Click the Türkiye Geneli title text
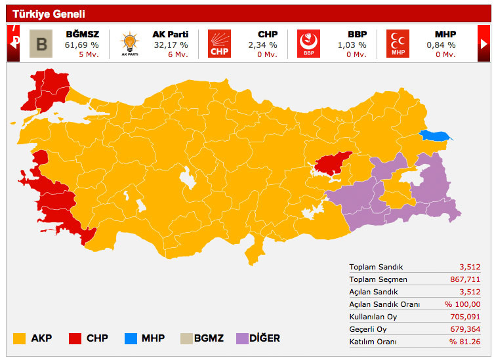click(x=49, y=14)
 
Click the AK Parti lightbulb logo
click(x=129, y=44)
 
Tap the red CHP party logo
click(x=219, y=44)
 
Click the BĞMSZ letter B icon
click(x=41, y=44)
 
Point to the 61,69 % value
click(x=82, y=45)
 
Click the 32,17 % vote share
click(x=171, y=45)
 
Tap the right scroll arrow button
click(x=484, y=43)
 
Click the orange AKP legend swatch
click(x=20, y=338)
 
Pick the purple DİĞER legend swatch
click(x=241, y=338)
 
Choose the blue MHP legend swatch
click(x=131, y=338)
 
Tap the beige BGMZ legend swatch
click(x=186, y=338)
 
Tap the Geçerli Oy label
click(x=368, y=329)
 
